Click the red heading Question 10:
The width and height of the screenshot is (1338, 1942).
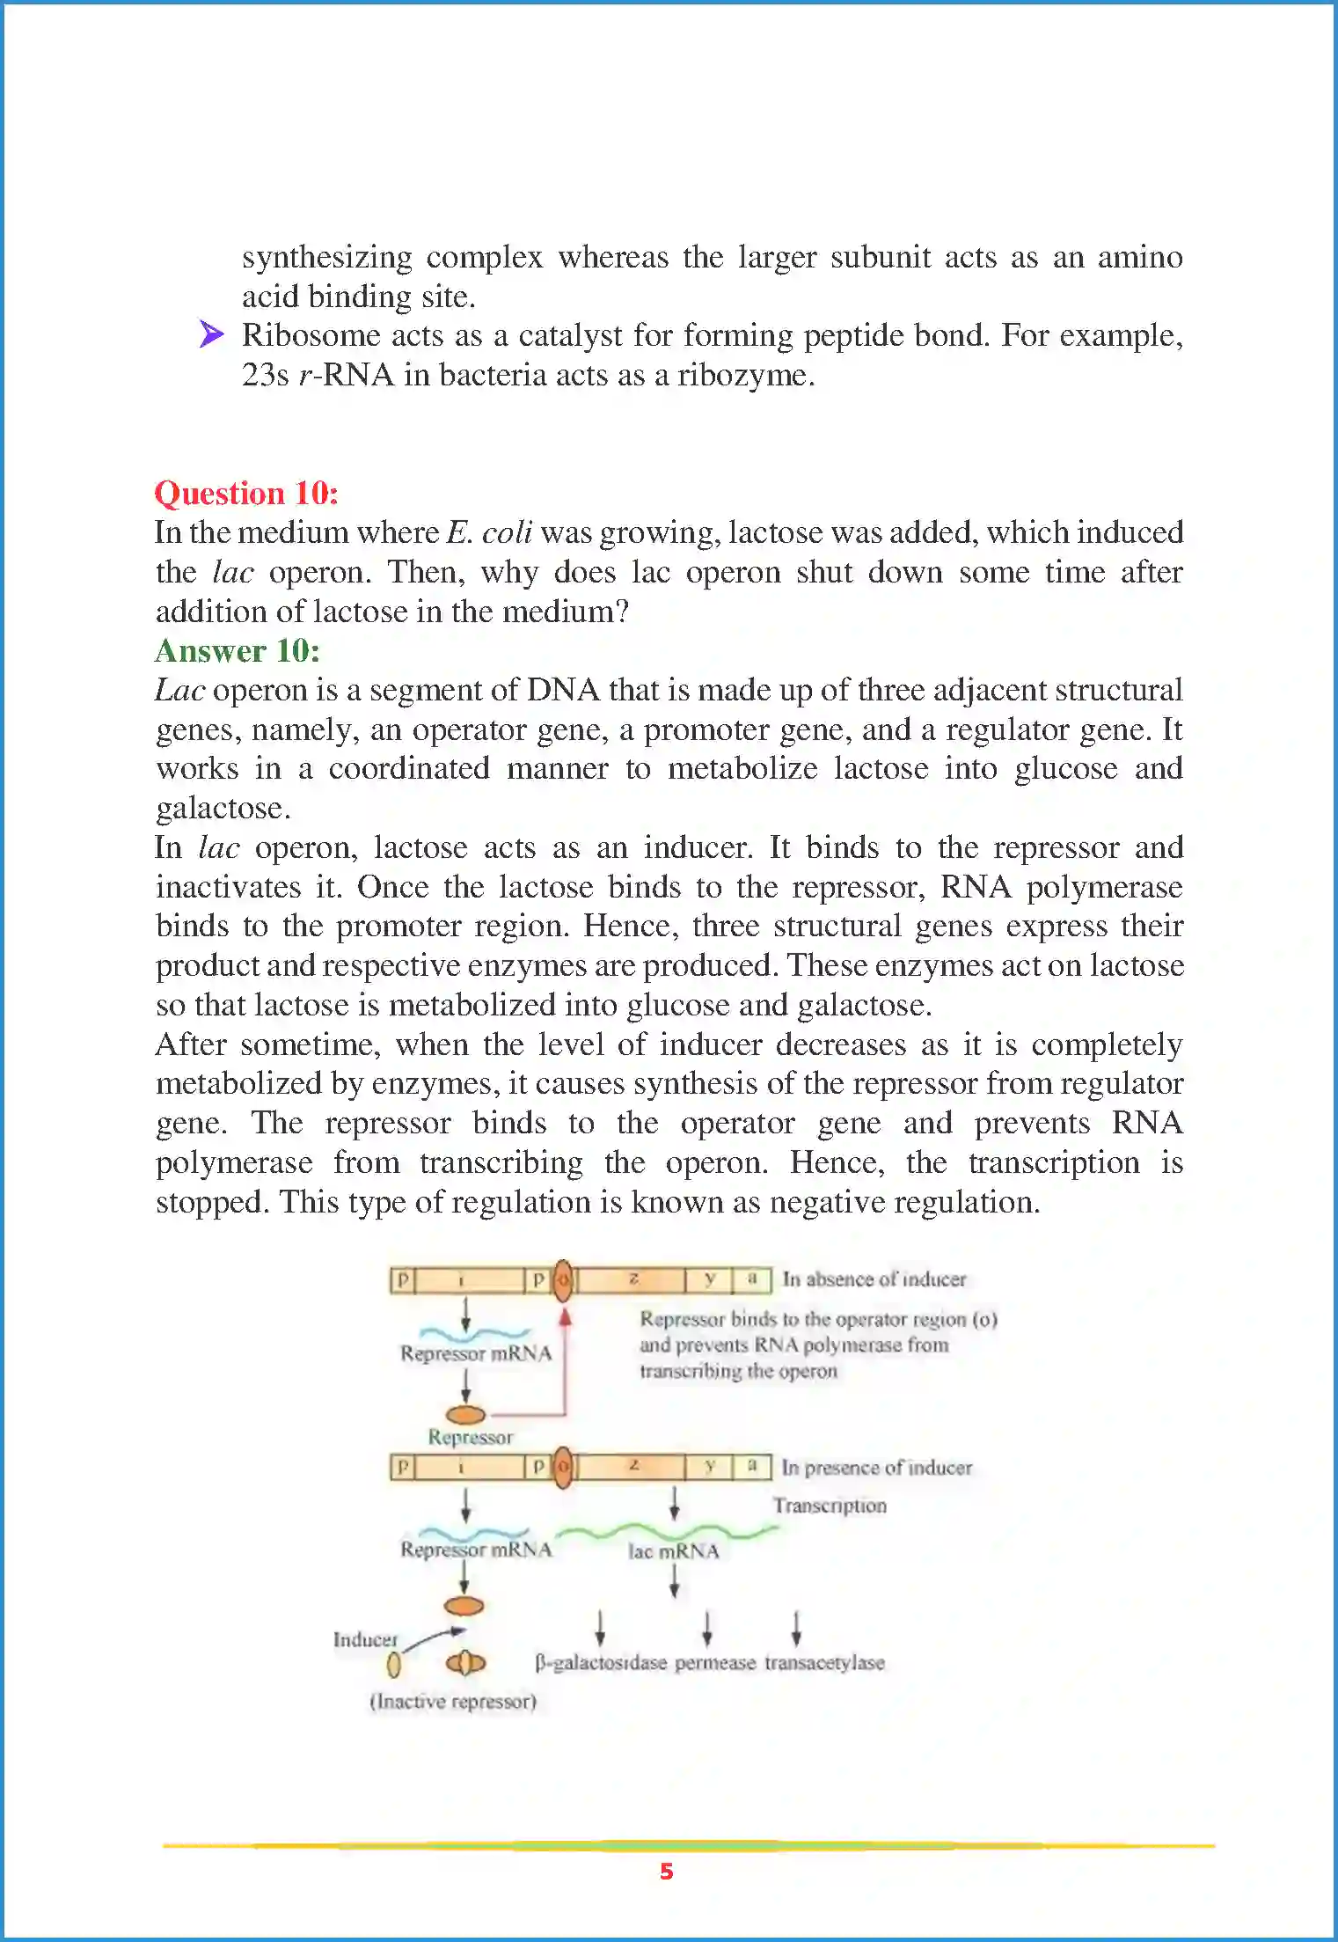[x=246, y=493]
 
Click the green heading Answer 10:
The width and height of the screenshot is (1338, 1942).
[x=238, y=650]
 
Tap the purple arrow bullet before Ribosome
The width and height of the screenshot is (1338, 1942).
[x=211, y=334]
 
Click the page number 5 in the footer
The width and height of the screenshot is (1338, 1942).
[x=667, y=1872]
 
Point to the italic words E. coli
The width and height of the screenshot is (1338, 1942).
[x=489, y=532]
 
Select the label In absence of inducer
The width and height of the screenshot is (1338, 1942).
[x=874, y=1279]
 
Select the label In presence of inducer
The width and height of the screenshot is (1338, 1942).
[x=877, y=1468]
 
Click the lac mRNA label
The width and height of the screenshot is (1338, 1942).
[x=674, y=1551]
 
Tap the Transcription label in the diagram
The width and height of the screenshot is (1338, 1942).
[x=830, y=1506]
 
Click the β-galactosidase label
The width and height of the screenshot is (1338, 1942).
[x=601, y=1663]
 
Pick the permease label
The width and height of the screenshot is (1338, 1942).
[x=715, y=1663]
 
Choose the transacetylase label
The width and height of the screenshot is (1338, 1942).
[x=824, y=1663]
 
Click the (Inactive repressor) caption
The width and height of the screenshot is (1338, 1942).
[x=453, y=1702]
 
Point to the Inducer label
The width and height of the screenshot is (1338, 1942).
[x=365, y=1639]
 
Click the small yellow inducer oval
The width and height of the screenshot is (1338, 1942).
[x=394, y=1664]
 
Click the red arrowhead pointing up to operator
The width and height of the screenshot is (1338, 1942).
[x=566, y=1317]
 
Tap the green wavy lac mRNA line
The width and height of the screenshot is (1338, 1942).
[x=669, y=1532]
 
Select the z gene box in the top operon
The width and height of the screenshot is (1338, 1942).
[x=632, y=1279]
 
